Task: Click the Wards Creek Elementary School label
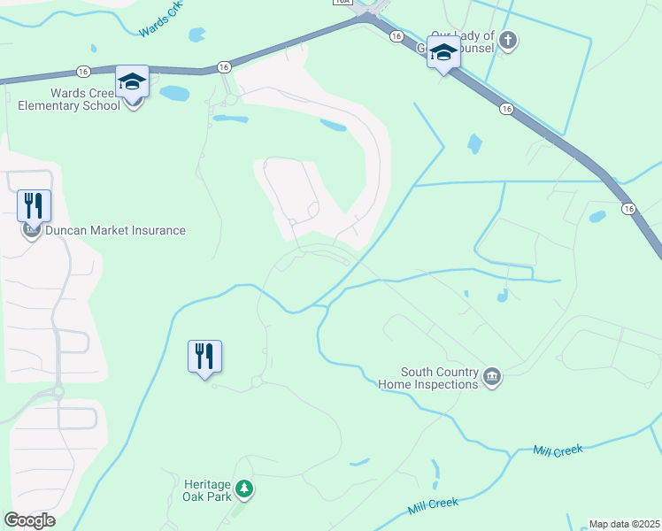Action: click(x=69, y=100)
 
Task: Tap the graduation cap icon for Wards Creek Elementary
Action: click(x=132, y=81)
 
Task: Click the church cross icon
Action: click(x=508, y=40)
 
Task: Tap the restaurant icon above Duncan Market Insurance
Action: click(x=34, y=205)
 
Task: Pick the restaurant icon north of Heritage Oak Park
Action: click(x=204, y=356)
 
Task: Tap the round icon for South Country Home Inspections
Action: click(x=493, y=379)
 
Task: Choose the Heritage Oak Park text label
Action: click(x=207, y=490)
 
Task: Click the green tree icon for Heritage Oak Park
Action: click(x=244, y=489)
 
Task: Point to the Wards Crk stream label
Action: click(x=160, y=26)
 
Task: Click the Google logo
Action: click(x=29, y=520)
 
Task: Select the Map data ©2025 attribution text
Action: click(x=624, y=524)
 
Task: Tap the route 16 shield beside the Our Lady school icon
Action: click(x=396, y=36)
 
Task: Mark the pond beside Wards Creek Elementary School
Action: click(x=174, y=93)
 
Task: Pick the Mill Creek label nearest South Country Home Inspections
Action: click(x=558, y=450)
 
